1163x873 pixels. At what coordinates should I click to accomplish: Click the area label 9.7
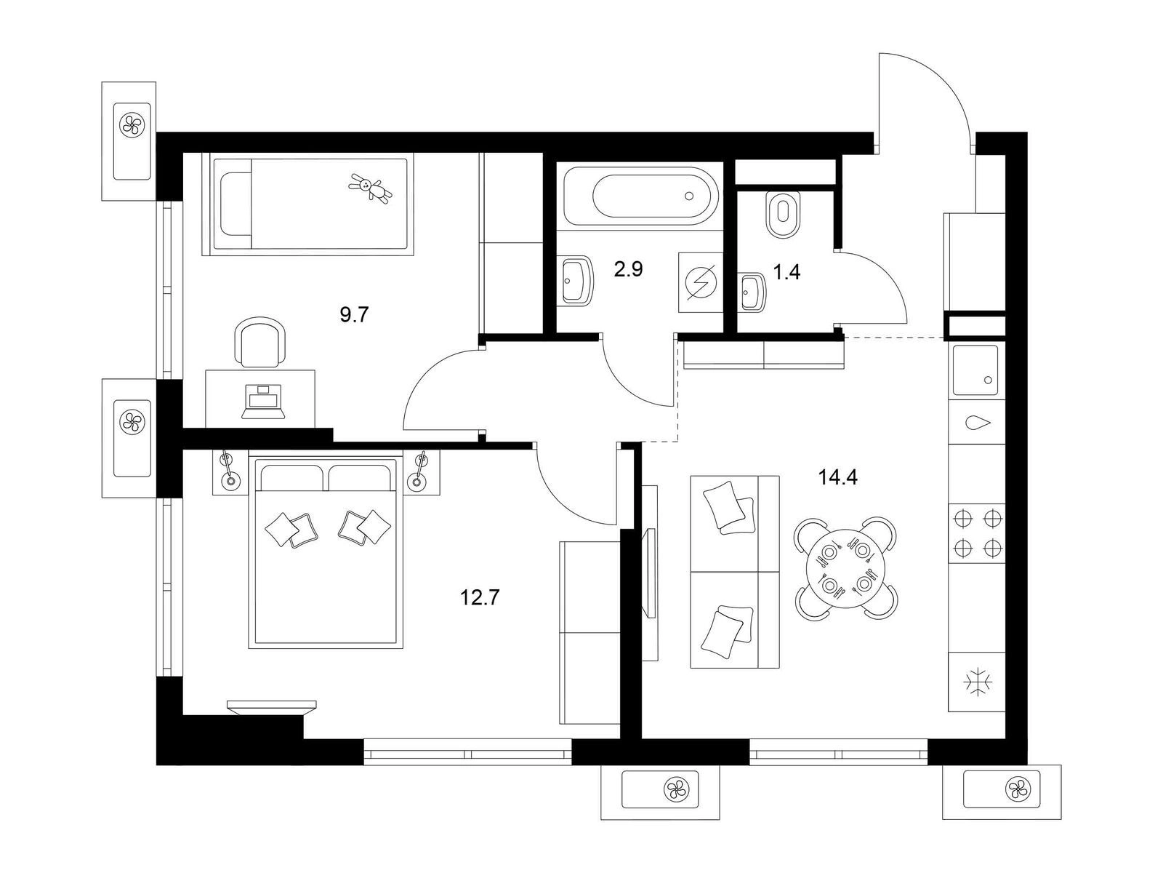[x=353, y=316]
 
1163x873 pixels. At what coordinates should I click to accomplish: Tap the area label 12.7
[x=480, y=598]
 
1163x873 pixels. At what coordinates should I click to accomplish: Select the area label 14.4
[x=837, y=477]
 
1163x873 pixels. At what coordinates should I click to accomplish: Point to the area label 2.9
[x=629, y=269]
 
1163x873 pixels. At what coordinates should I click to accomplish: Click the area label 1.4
[x=786, y=272]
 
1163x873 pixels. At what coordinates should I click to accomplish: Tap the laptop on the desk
[x=264, y=402]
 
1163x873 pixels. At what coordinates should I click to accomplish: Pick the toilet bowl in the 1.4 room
[x=783, y=214]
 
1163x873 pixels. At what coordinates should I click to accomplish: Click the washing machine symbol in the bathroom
[x=701, y=282]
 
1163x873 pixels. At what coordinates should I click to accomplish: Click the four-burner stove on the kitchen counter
[x=976, y=533]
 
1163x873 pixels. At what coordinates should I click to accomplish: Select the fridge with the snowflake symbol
[x=976, y=682]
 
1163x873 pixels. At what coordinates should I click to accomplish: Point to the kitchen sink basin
[x=975, y=370]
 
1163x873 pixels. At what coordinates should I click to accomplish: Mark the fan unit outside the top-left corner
[x=130, y=142]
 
